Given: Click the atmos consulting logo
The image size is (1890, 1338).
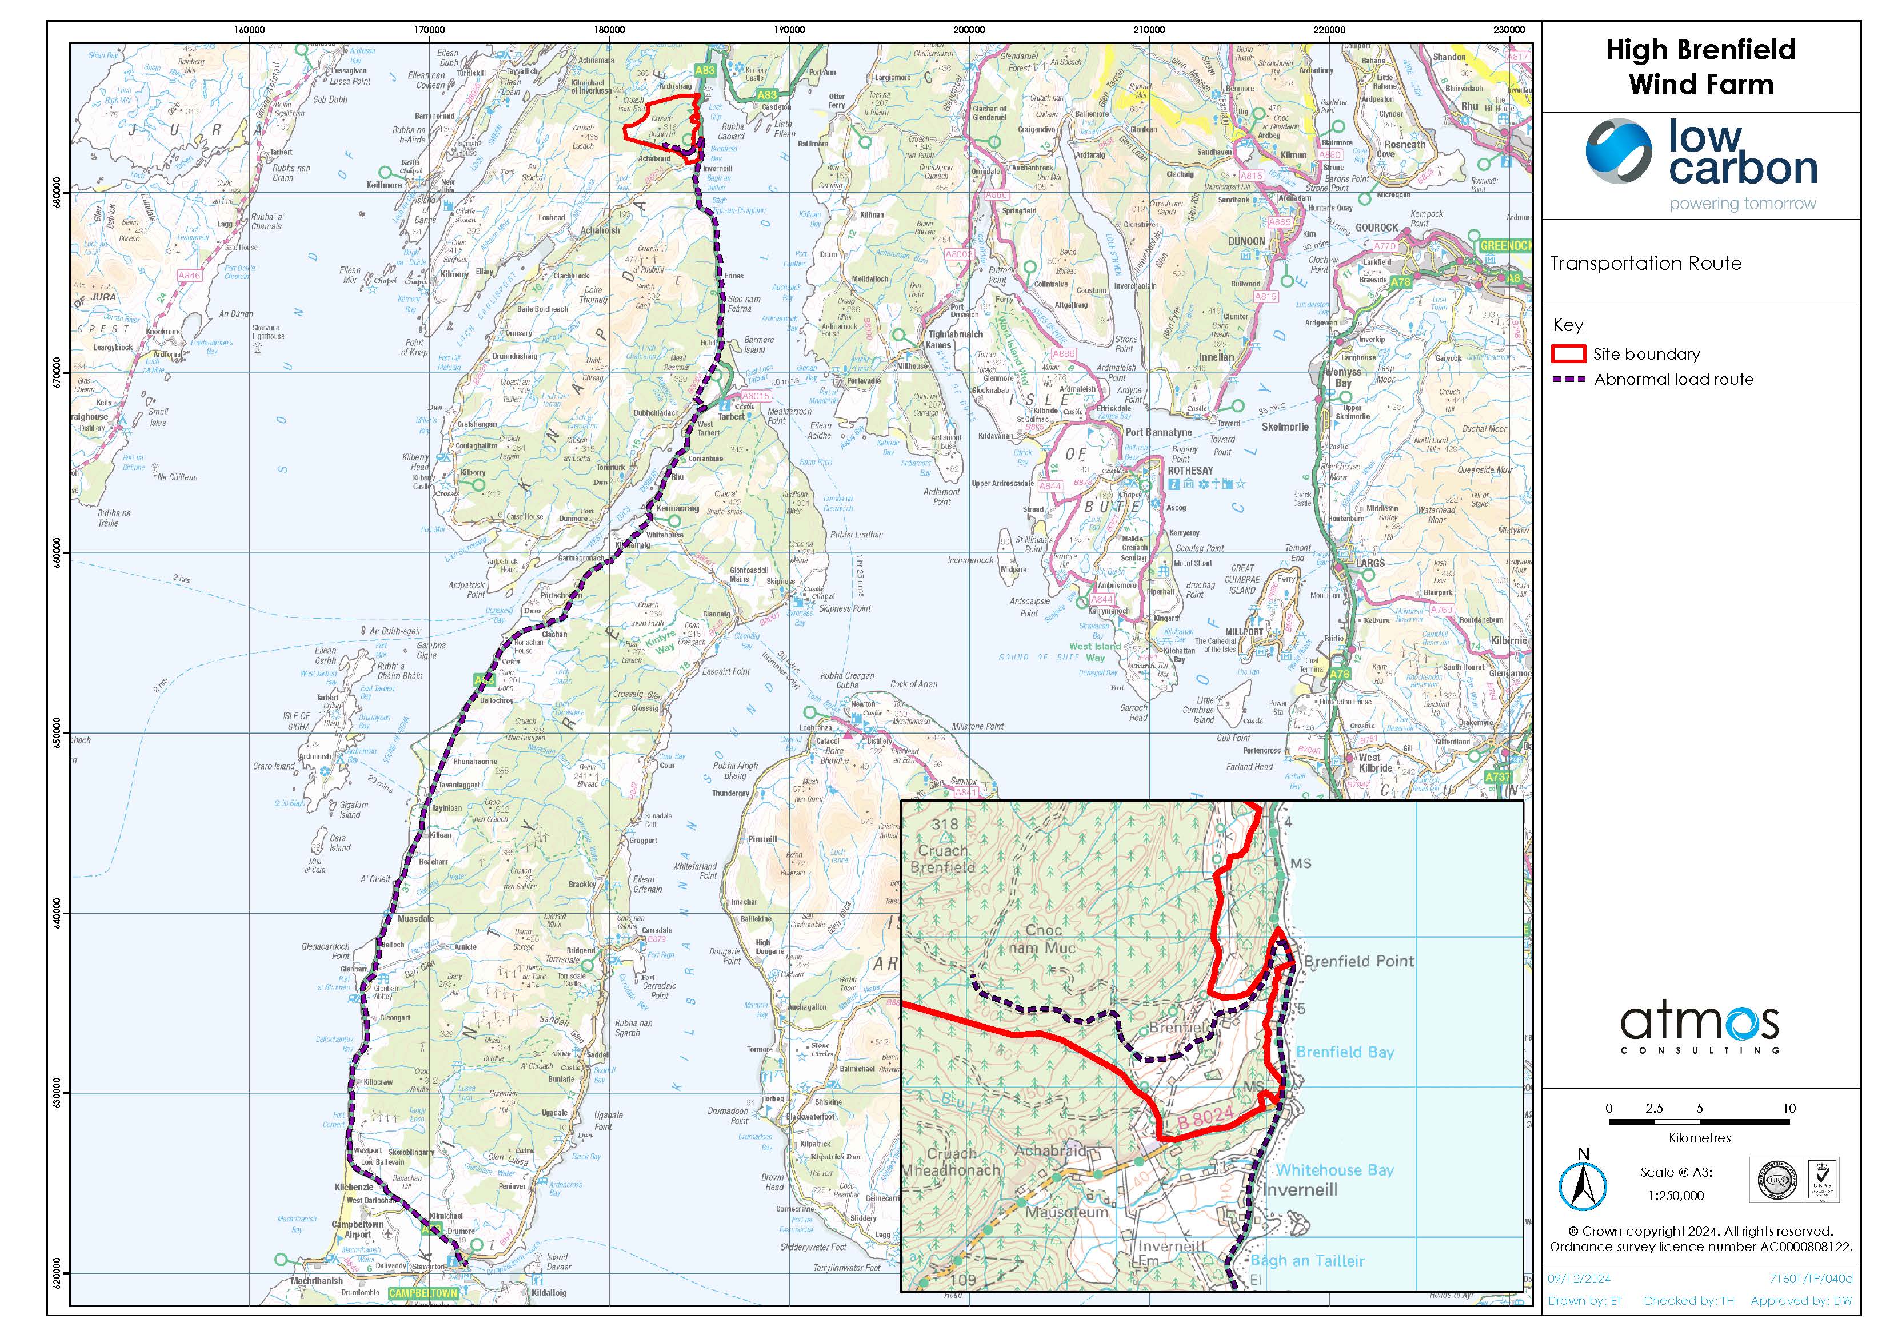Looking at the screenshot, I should click(1699, 1028).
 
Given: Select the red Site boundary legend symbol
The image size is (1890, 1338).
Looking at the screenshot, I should click(1568, 355).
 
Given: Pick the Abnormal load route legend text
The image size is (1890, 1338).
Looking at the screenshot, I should click(1673, 380).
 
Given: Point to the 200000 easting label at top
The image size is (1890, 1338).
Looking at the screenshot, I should click(969, 30).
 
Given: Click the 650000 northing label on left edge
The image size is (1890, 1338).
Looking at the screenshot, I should click(56, 732).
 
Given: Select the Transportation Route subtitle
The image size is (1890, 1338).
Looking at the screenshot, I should click(1645, 264).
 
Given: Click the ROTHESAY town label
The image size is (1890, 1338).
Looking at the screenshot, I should click(1190, 471).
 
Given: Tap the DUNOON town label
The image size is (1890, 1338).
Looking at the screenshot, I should click(1246, 241).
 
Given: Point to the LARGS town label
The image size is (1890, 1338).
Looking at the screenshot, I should click(1370, 563).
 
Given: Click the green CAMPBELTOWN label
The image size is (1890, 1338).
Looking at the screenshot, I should click(422, 1293).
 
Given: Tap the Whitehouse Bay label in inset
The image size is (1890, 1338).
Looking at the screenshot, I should click(1334, 1170).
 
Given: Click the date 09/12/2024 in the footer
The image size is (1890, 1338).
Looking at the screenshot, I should click(1576, 1279).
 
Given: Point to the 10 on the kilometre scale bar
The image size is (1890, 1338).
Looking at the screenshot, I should click(1789, 1108).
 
